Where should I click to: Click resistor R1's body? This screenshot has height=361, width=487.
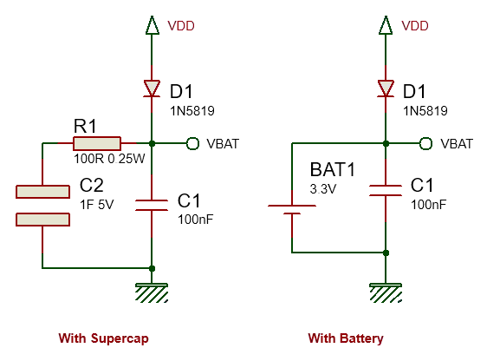pyautogui.click(x=97, y=144)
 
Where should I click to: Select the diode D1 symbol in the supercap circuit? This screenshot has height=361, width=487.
pyautogui.click(x=152, y=89)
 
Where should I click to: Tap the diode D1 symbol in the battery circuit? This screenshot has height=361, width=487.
pyautogui.click(x=386, y=89)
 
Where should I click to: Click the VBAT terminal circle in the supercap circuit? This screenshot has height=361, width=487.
pyautogui.click(x=192, y=144)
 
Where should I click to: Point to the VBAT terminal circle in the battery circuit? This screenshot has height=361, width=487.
pyautogui.click(x=425, y=144)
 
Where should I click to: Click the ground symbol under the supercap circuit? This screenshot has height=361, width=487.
pyautogui.click(x=152, y=292)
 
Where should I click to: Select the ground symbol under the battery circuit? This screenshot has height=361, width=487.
pyautogui.click(x=386, y=292)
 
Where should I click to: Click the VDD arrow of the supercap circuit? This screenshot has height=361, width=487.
pyautogui.click(x=152, y=25)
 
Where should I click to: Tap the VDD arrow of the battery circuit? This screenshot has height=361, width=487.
pyautogui.click(x=386, y=25)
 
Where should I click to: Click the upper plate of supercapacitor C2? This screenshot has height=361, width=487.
pyautogui.click(x=42, y=192)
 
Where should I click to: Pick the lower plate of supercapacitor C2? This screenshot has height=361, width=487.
pyautogui.click(x=42, y=220)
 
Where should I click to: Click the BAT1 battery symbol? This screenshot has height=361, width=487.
pyautogui.click(x=292, y=210)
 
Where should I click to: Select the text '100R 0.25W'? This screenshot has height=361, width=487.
pyautogui.click(x=109, y=159)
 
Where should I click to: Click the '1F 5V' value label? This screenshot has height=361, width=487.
pyautogui.click(x=96, y=205)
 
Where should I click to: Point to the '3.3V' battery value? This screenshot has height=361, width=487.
pyautogui.click(x=323, y=189)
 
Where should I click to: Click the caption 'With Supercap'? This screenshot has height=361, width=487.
pyautogui.click(x=104, y=338)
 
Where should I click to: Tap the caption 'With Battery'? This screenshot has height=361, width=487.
pyautogui.click(x=346, y=338)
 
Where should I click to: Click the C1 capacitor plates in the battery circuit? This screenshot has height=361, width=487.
pyautogui.click(x=386, y=191)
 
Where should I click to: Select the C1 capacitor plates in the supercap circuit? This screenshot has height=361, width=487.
pyautogui.click(x=152, y=206)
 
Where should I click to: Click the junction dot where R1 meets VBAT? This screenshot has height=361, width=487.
pyautogui.click(x=152, y=144)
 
